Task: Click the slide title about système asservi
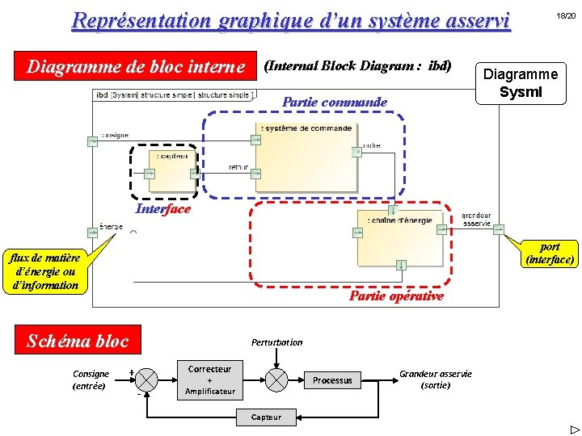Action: tap(291, 20)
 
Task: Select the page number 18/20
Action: tap(564, 16)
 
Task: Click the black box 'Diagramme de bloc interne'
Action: tap(136, 66)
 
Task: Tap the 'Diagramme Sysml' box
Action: tap(520, 83)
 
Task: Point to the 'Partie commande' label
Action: tap(334, 103)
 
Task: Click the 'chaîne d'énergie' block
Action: tap(401, 238)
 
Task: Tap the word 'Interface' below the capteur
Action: tap(163, 209)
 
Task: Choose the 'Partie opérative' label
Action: tap(396, 296)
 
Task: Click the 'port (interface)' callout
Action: tap(550, 253)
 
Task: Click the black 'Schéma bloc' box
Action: tap(78, 341)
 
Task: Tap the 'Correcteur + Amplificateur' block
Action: tap(209, 379)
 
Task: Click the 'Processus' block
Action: tap(332, 380)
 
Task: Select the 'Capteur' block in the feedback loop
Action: tap(266, 417)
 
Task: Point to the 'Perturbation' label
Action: tap(276, 342)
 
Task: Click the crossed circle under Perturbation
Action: tap(277, 379)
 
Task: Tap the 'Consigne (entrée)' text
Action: tap(91, 379)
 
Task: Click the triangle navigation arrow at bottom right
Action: tap(574, 429)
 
